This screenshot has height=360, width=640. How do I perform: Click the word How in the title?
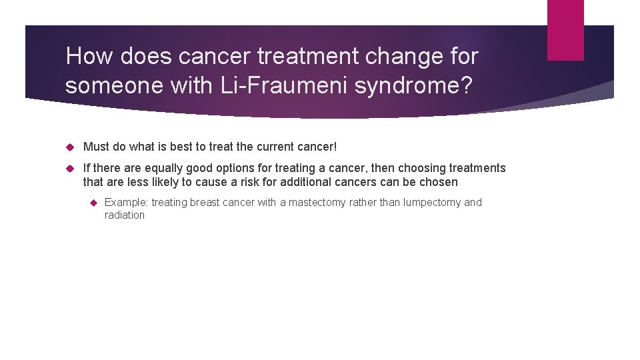tap(89, 57)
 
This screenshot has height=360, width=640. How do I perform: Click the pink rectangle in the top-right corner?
tap(565, 30)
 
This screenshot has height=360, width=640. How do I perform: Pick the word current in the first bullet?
tap(279, 146)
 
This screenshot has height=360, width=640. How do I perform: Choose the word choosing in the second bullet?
tap(423, 168)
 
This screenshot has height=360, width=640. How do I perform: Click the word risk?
tap(253, 182)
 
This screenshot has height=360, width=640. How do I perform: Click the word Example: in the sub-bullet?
tap(127, 202)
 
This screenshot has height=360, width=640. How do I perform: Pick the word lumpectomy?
tap(431, 202)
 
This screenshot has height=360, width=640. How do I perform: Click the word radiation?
tap(125, 215)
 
